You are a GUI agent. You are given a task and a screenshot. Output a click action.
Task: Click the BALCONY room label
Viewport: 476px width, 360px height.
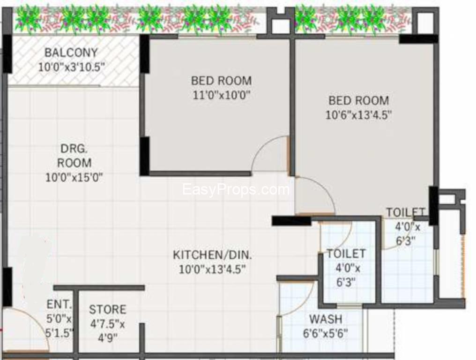(x=71, y=52)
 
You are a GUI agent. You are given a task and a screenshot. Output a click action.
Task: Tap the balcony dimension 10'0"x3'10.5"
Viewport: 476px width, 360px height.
(x=72, y=67)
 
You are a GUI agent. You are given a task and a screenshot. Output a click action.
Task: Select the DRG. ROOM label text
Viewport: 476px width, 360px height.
(x=74, y=156)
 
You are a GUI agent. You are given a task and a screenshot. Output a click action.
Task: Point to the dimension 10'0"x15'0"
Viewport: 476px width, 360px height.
(x=74, y=177)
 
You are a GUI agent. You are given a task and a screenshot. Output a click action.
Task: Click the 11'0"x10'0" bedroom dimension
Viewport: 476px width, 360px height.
(x=221, y=95)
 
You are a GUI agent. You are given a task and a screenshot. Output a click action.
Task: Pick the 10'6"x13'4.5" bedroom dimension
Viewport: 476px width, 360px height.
(x=358, y=115)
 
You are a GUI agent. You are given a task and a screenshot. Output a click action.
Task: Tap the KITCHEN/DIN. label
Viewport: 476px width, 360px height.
(x=212, y=255)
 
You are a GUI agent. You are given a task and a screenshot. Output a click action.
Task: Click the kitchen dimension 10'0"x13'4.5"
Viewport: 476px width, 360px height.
(x=212, y=269)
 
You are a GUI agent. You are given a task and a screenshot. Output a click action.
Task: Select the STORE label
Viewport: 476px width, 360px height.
(x=107, y=309)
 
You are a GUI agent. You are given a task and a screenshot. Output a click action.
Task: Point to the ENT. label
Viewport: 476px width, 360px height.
(x=59, y=304)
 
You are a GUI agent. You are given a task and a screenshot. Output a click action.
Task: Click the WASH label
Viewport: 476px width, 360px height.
(x=326, y=319)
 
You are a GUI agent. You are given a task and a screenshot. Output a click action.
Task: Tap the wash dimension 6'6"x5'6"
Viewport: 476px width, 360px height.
(x=326, y=333)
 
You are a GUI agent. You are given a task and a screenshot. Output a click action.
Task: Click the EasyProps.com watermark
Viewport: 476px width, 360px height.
(x=236, y=190)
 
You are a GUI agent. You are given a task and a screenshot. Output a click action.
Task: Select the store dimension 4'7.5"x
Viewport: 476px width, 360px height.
(x=107, y=324)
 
